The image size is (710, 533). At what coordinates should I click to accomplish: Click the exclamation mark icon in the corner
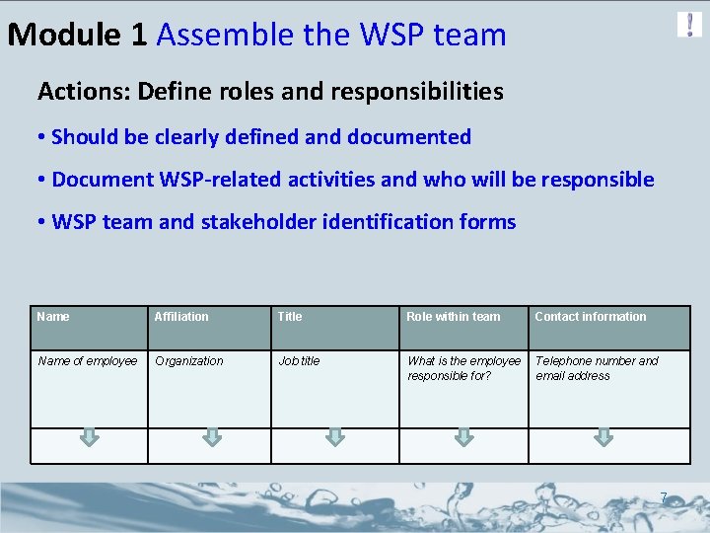(x=689, y=25)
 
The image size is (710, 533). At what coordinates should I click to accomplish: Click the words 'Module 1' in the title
(x=77, y=36)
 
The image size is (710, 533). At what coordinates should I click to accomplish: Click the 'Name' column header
(x=53, y=317)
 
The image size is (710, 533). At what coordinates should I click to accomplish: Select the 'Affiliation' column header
(x=181, y=317)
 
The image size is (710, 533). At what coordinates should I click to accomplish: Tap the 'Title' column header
(x=290, y=317)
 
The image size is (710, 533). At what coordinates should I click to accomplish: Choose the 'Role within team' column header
(x=454, y=317)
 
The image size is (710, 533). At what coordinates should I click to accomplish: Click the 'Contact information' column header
(x=591, y=317)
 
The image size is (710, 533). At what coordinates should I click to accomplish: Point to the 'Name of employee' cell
(x=88, y=361)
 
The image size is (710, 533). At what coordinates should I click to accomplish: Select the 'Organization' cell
(x=189, y=361)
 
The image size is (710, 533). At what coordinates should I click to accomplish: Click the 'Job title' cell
(x=299, y=361)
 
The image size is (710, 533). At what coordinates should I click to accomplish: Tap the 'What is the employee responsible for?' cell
(x=463, y=368)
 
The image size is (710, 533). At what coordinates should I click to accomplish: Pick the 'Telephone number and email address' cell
(x=597, y=368)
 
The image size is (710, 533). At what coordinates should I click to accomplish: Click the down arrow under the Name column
(x=90, y=436)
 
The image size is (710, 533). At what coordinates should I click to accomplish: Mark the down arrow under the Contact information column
(x=602, y=436)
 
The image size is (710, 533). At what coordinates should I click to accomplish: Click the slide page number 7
(x=664, y=497)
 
